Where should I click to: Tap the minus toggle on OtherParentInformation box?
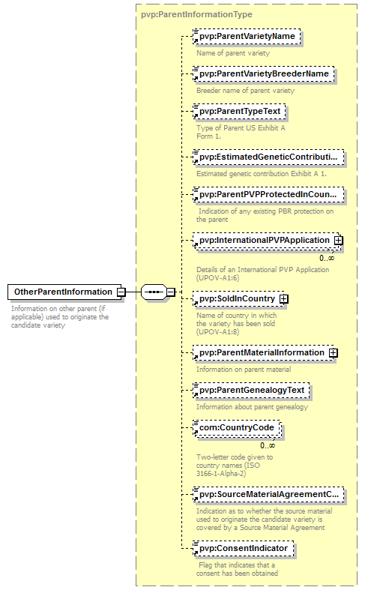pos(121,292)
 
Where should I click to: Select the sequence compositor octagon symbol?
pos(154,292)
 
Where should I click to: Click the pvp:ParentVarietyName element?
pos(247,37)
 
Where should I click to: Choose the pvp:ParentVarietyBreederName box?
pos(263,73)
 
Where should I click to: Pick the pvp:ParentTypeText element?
pos(239,112)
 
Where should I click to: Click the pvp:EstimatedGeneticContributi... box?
pos(268,157)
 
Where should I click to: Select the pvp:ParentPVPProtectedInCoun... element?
pos(268,194)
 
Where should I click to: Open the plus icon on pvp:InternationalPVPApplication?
pos(339,240)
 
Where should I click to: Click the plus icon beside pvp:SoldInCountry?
pos(284,299)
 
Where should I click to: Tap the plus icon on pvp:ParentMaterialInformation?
pos(334,352)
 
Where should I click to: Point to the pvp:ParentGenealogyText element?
pos(251,390)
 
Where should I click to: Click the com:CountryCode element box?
pos(237,428)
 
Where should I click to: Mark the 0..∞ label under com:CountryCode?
pos(268,445)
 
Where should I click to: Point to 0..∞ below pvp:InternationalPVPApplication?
pos(327,258)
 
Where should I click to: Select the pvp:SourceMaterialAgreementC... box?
pos(268,495)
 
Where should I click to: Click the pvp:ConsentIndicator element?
pos(243,549)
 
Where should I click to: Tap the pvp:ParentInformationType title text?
pos(197,15)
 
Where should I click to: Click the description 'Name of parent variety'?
pos(233,53)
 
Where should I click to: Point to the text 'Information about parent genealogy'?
pos(252,407)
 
